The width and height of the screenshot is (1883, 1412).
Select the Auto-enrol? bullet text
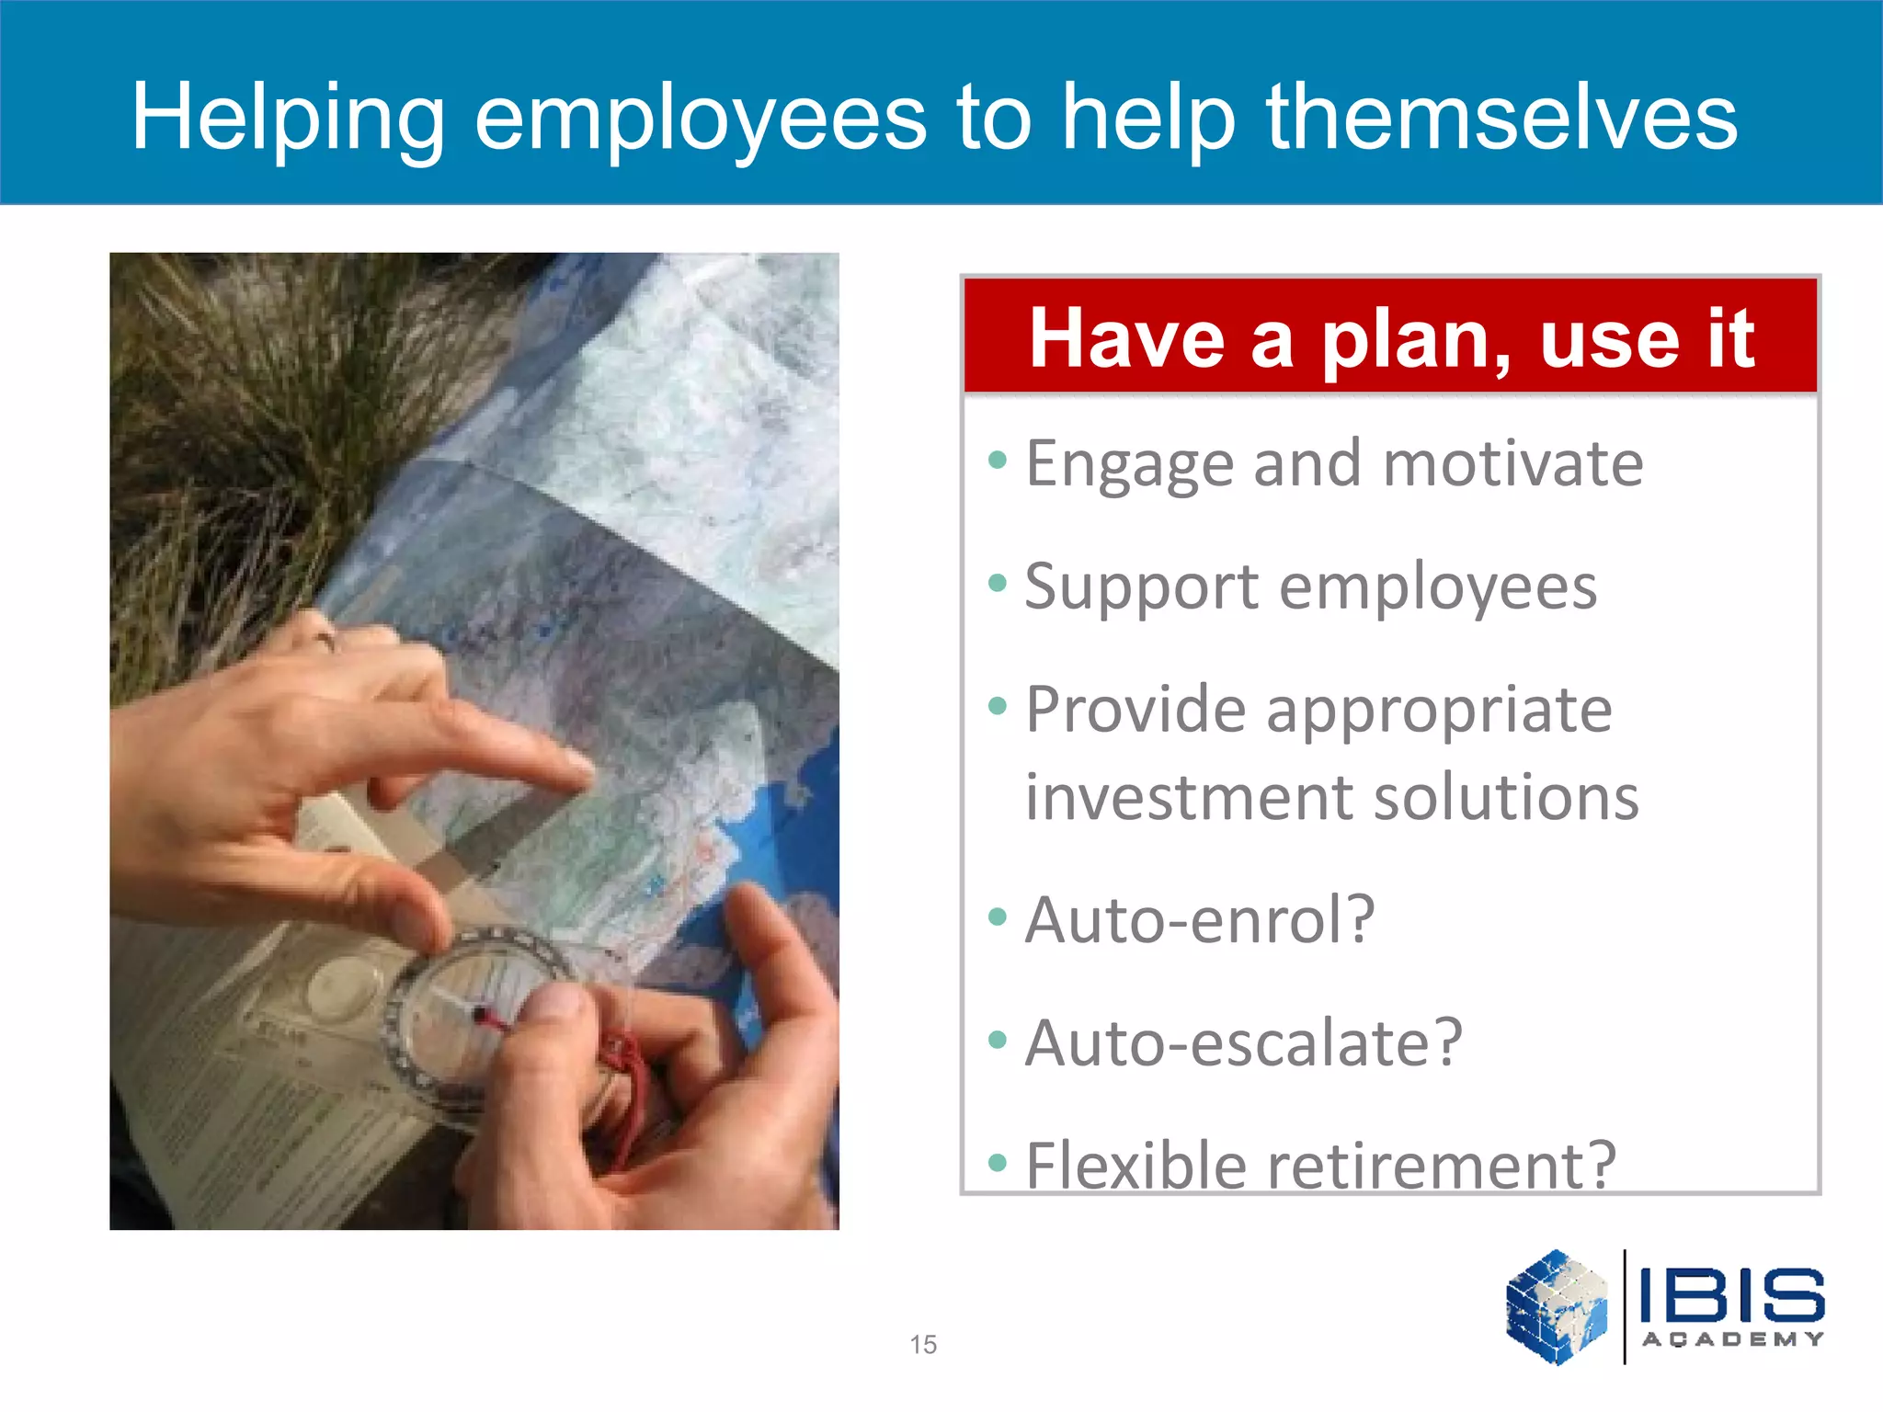(x=1200, y=919)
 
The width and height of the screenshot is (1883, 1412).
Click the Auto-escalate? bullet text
(x=1243, y=1043)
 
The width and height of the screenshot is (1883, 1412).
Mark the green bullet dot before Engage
(x=998, y=458)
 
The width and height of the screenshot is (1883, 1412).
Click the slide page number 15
(x=923, y=1344)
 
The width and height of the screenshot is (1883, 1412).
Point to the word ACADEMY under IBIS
(x=1732, y=1339)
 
